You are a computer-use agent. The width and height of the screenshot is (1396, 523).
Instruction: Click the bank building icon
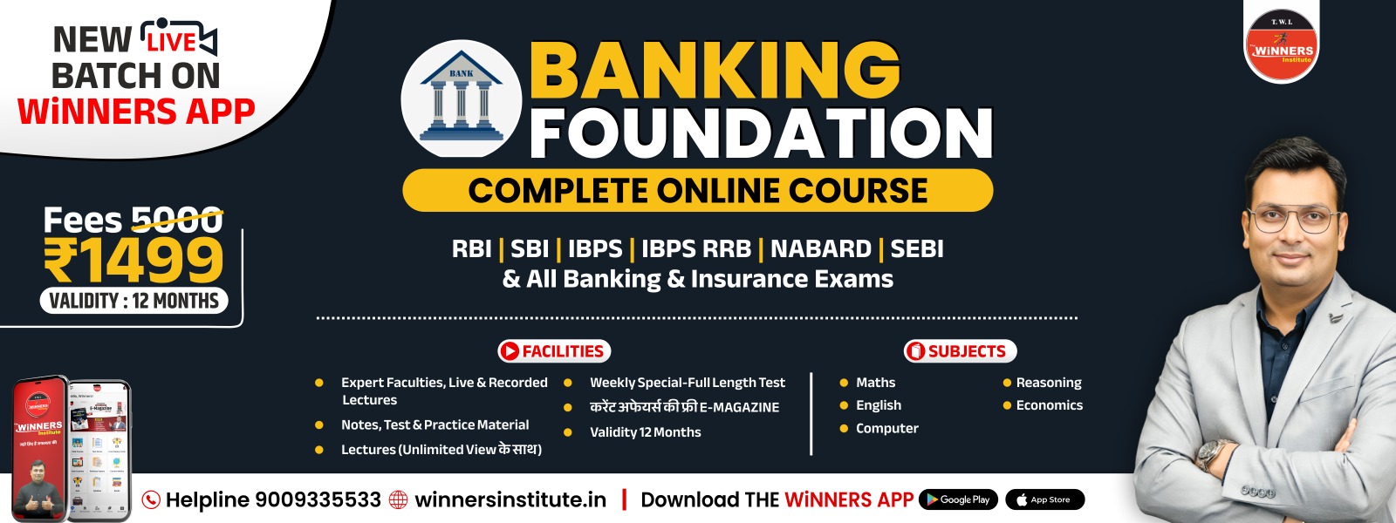pyautogui.click(x=461, y=98)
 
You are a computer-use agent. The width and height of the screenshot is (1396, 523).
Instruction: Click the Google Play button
pyautogui.click(x=958, y=499)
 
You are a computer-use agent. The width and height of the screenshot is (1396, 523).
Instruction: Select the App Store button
pyautogui.click(x=1044, y=499)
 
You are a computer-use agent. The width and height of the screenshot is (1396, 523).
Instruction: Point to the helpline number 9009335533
pyautogui.click(x=317, y=499)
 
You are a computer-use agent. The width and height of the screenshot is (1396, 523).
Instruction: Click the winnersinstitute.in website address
pyautogui.click(x=510, y=499)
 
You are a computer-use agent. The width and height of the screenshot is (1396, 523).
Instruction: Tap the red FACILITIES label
pyautogui.click(x=554, y=351)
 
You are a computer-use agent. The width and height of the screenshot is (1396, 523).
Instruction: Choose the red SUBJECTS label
pyautogui.click(x=960, y=351)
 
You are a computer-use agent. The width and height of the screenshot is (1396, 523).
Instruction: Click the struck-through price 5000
pyautogui.click(x=176, y=221)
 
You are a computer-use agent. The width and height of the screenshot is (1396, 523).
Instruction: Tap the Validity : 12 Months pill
pyautogui.click(x=133, y=301)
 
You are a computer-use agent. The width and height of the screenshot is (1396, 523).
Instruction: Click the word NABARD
pyautogui.click(x=820, y=249)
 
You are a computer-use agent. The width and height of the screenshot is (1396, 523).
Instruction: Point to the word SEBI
pyautogui.click(x=917, y=249)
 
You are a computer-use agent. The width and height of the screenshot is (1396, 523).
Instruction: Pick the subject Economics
pyautogui.click(x=1049, y=405)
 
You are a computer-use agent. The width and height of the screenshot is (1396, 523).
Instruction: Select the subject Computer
pyautogui.click(x=886, y=428)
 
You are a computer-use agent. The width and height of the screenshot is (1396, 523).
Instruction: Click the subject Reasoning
pyautogui.click(x=1048, y=383)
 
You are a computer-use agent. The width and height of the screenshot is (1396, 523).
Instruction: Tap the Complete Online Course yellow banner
pyautogui.click(x=697, y=190)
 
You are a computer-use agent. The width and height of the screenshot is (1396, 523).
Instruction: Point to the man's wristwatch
pyautogui.click(x=1214, y=453)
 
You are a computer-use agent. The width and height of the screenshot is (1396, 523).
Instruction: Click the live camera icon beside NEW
pyautogui.click(x=178, y=37)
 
